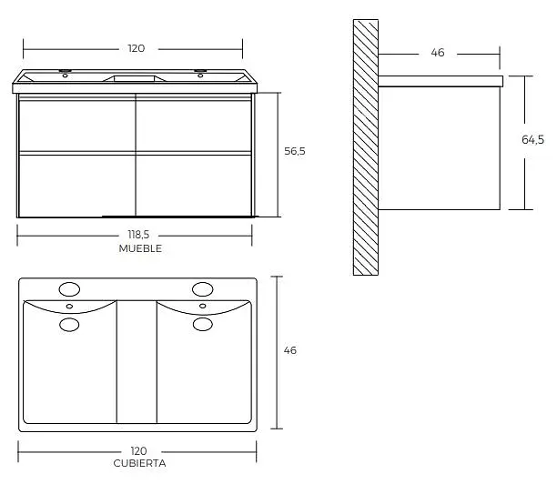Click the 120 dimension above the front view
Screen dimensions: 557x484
tap(137, 48)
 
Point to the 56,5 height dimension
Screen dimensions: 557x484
tap(295, 151)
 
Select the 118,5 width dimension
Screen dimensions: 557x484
tap(138, 235)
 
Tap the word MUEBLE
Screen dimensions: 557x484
tap(140, 248)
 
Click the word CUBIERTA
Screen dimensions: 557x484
tap(139, 463)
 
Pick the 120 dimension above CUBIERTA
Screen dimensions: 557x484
tap(138, 451)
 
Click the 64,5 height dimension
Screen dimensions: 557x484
tap(532, 140)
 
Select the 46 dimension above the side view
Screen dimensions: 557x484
tap(438, 53)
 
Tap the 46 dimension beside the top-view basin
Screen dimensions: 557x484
tap(290, 350)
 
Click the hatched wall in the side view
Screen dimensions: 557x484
tap(366, 147)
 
